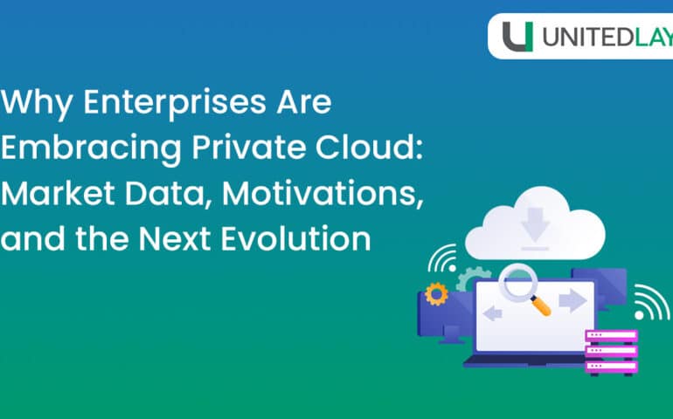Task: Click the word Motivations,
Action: point(317,193)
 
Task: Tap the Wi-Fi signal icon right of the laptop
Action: point(649,301)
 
